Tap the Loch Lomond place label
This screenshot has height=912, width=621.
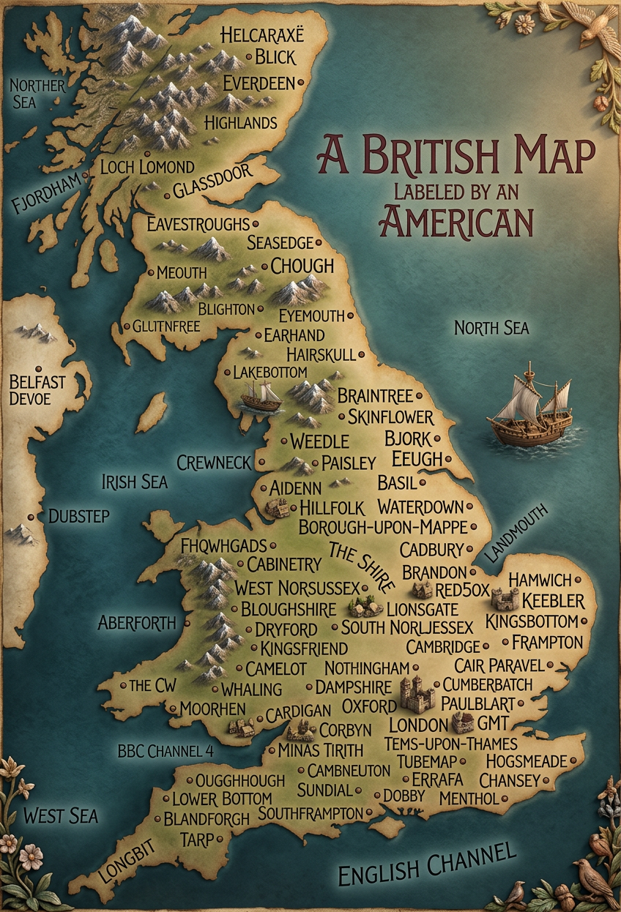[147, 167]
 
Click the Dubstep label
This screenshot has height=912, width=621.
[78, 516]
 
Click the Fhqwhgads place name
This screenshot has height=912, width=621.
[223, 546]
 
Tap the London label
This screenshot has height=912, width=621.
[417, 725]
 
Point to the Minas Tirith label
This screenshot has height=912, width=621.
[320, 750]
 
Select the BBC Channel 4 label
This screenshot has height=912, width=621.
[166, 752]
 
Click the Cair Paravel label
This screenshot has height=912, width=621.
[499, 666]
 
